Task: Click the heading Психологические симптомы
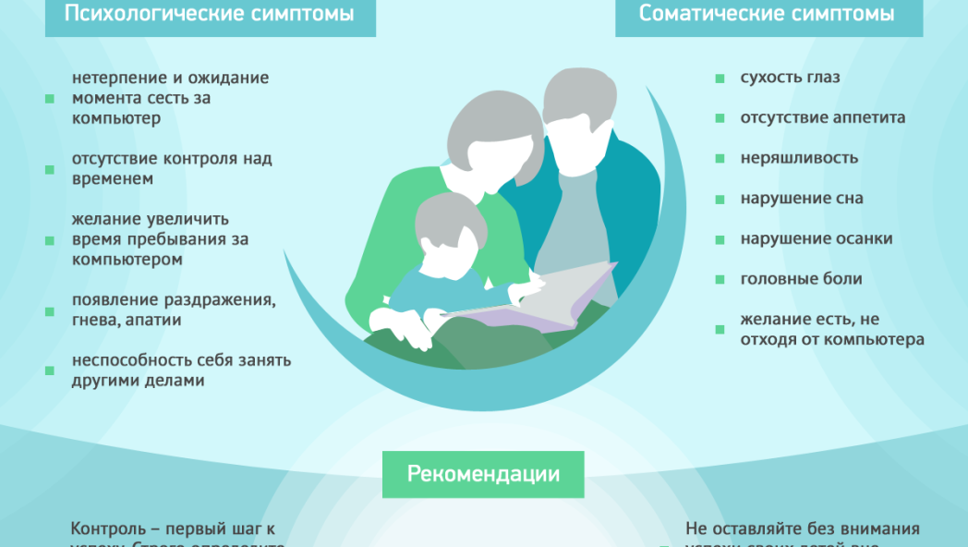(x=210, y=14)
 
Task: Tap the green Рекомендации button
(x=483, y=474)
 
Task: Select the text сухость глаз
(x=790, y=78)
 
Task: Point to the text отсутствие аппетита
(x=822, y=117)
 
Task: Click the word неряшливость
(x=799, y=158)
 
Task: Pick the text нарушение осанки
(x=816, y=238)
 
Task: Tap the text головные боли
(x=801, y=278)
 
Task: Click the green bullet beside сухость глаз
(x=720, y=79)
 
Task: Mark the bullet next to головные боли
(x=720, y=279)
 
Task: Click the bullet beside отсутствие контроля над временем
(x=49, y=169)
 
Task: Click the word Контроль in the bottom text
(x=106, y=529)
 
